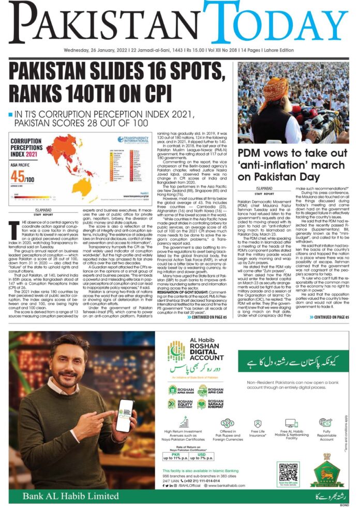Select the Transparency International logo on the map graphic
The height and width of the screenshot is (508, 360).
click(133, 140)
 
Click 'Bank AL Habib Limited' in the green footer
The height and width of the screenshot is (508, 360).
click(59, 497)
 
